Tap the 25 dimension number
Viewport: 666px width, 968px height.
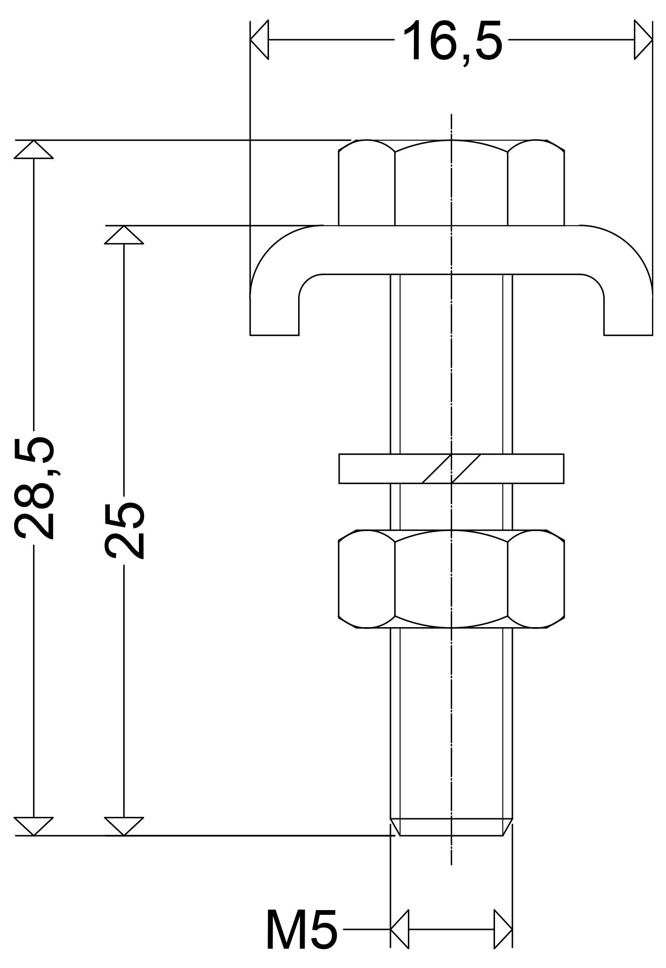(124, 530)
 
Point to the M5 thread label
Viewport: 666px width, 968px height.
(301, 930)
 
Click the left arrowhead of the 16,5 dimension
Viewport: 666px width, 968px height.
(259, 40)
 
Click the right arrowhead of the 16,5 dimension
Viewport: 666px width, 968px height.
(643, 40)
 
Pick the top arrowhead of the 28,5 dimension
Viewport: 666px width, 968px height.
(33, 149)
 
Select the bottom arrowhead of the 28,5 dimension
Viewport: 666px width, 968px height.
(33, 827)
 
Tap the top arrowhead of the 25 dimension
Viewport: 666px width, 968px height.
(123, 235)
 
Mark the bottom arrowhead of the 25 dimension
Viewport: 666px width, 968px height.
(123, 827)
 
